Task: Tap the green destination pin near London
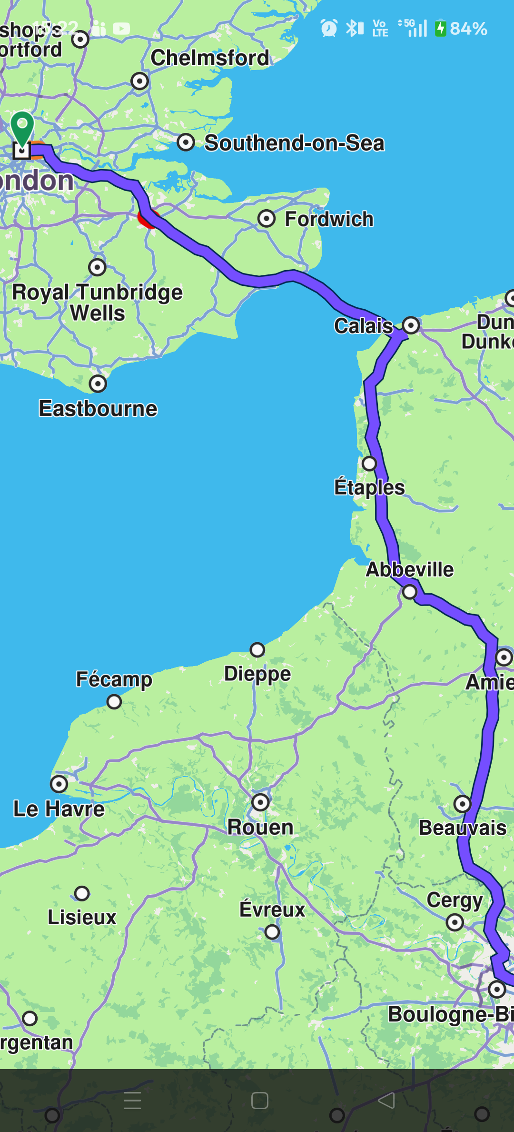(x=22, y=126)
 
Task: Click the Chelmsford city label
(x=210, y=58)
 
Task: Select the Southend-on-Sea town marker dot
(x=186, y=142)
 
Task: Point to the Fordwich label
(x=329, y=219)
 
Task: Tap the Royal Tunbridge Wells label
(x=98, y=302)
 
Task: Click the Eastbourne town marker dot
(x=98, y=383)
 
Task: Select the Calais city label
(x=364, y=326)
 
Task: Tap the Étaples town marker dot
(x=369, y=463)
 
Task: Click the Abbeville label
(x=409, y=569)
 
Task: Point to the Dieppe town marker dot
(x=257, y=649)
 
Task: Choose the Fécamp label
(x=114, y=679)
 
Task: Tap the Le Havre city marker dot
(x=59, y=784)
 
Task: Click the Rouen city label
(x=260, y=827)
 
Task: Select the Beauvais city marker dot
(x=462, y=804)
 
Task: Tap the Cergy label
(x=455, y=900)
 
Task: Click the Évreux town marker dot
(x=272, y=931)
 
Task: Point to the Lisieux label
(x=82, y=917)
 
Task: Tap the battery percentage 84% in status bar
(x=468, y=29)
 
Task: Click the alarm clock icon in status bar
(x=329, y=28)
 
